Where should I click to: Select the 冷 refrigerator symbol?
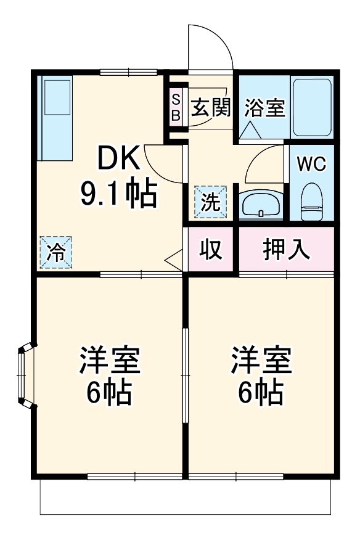[56, 253]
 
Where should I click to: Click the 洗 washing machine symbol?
[211, 202]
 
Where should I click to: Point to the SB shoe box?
[176, 108]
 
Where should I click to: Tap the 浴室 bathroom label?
[264, 108]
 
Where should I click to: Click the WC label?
[311, 164]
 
